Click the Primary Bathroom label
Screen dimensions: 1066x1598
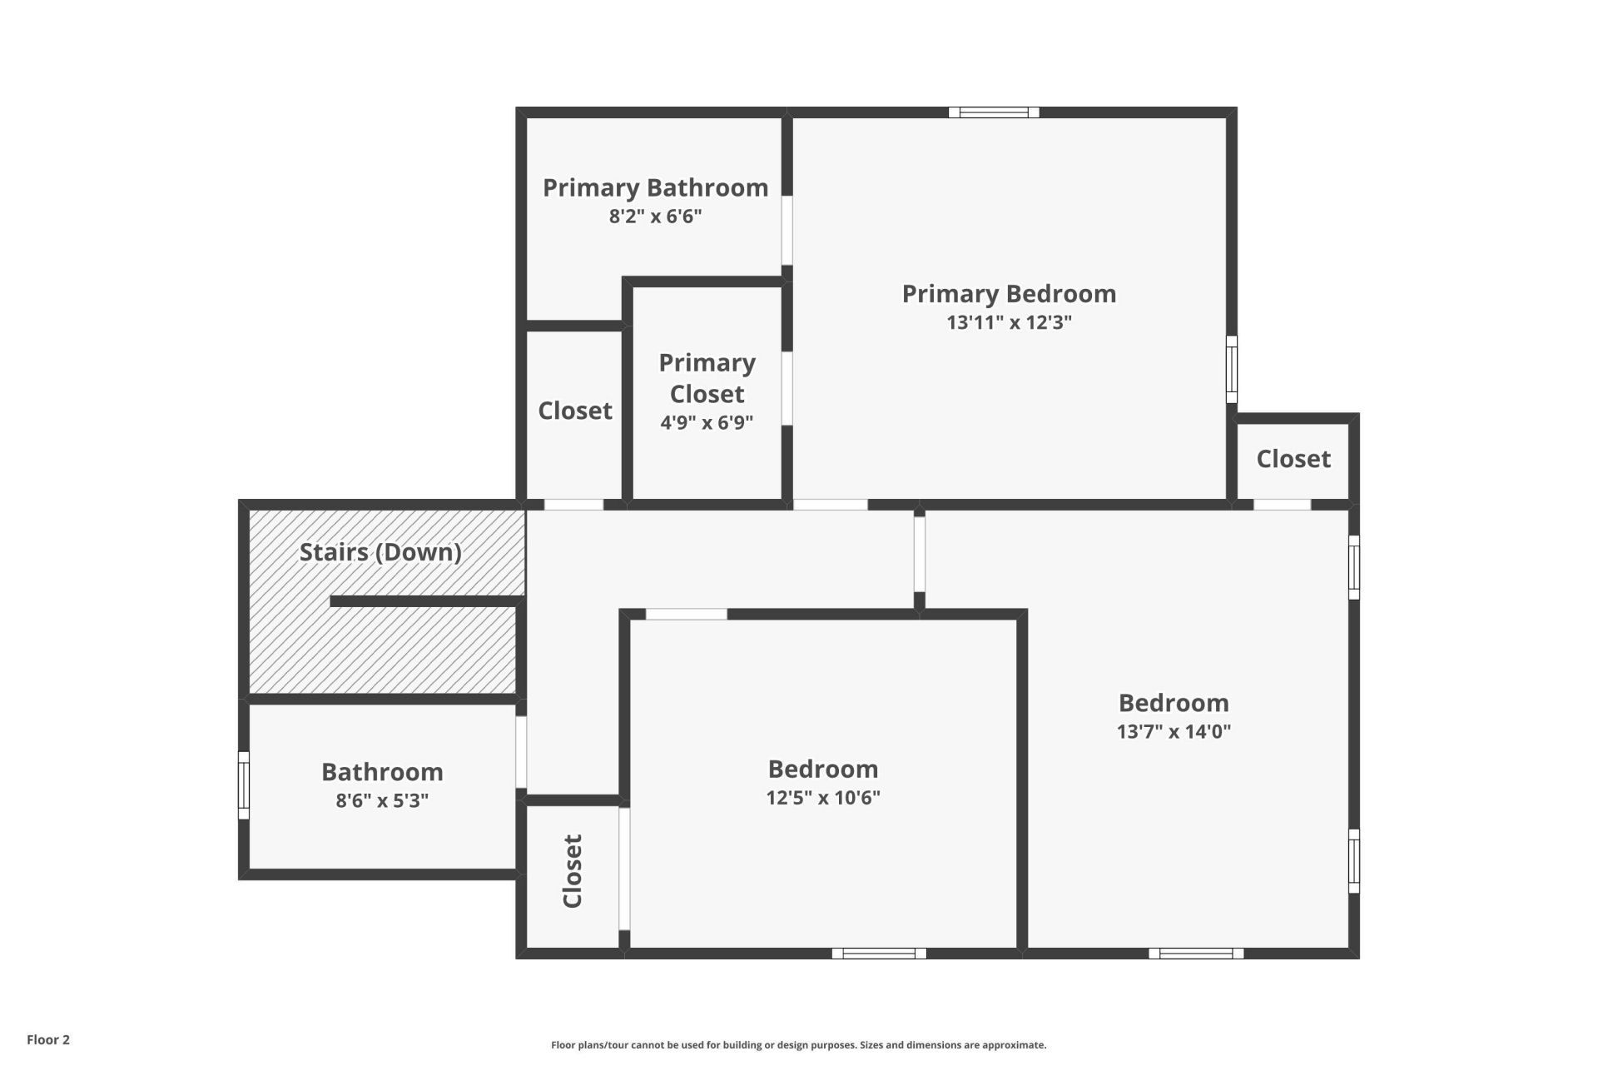(x=655, y=187)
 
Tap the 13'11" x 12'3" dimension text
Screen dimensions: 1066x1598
(x=1009, y=322)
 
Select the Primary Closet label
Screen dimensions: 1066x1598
(x=707, y=378)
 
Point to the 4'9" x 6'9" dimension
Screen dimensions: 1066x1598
(x=707, y=422)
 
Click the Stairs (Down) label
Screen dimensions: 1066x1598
(x=380, y=552)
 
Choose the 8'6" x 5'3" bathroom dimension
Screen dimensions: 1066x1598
(x=382, y=800)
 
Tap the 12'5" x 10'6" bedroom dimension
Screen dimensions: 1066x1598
(x=823, y=797)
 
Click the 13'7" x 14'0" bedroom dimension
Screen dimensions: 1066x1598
(x=1174, y=731)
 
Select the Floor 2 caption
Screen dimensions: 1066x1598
(x=48, y=1039)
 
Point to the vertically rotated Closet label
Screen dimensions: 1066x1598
(x=573, y=871)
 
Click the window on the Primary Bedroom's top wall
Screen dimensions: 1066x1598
(x=994, y=112)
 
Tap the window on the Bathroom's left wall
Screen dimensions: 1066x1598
(x=244, y=785)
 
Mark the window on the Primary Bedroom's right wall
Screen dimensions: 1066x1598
(x=1232, y=369)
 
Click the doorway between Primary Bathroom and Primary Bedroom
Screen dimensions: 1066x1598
(x=787, y=231)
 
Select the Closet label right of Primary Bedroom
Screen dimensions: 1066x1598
(x=1293, y=459)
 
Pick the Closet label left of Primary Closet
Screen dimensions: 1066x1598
(x=575, y=411)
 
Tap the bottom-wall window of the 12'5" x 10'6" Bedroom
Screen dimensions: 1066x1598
(x=879, y=954)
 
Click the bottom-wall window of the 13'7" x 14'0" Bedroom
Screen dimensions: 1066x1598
(x=1196, y=954)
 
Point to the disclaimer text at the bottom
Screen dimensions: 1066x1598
(x=798, y=1045)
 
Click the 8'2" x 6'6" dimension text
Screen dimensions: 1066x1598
(x=655, y=217)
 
